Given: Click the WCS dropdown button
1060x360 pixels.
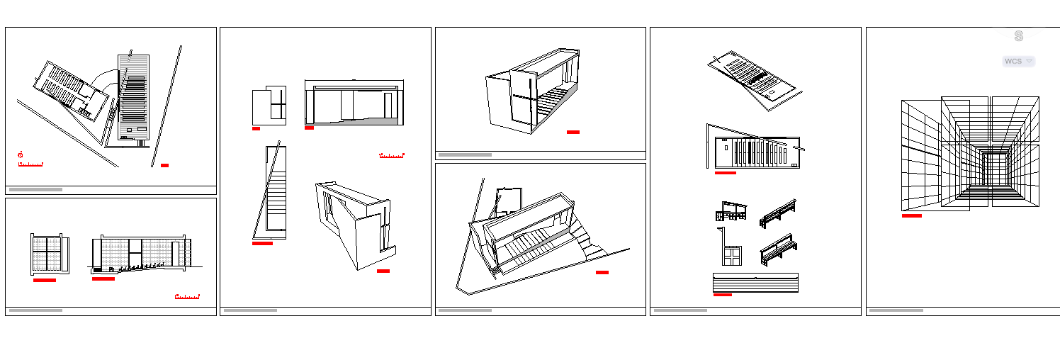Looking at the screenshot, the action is point(1018,62).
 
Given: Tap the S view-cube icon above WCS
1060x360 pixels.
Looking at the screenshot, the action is point(1018,36).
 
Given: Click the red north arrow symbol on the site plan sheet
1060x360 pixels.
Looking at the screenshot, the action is point(21,154).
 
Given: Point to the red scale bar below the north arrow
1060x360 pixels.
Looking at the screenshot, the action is point(30,164).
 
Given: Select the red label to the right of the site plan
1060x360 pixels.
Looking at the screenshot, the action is point(164,165).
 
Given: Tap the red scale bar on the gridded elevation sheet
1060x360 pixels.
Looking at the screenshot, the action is point(187,296).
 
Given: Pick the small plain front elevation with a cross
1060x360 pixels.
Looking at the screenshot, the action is point(269,106).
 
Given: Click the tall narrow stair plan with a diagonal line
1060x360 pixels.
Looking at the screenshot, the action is point(270,191).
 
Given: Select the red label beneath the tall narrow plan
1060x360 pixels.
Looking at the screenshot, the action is point(262,243).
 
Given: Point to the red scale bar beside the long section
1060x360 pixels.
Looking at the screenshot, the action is point(391,155).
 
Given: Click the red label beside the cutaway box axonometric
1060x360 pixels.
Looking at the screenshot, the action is point(573,132).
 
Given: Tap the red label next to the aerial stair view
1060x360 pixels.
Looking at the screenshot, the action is point(602,272).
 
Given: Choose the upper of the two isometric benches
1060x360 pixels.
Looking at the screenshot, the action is point(777,213).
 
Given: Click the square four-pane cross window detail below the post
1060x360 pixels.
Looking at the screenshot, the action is point(732,255).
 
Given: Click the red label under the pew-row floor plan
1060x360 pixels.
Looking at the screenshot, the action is point(725,172).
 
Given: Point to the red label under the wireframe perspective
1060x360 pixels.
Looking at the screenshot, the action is point(911,215).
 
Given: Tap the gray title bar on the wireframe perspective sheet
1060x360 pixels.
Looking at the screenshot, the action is point(896,310).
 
